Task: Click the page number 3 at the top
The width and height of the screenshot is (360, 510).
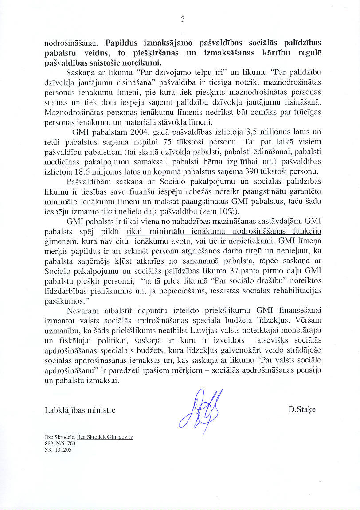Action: [182, 19]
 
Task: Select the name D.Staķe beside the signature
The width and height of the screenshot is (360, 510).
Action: [302, 410]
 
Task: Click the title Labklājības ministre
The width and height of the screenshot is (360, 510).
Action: [80, 410]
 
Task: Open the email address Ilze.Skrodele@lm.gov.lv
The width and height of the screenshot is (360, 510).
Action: [105, 437]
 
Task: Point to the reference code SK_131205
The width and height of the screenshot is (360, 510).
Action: [58, 449]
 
